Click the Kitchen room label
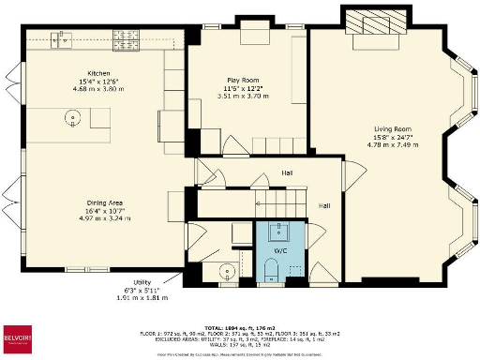(99, 73)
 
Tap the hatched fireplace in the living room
(377, 22)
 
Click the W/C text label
(280, 251)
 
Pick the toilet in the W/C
(271, 271)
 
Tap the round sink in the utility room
(226, 273)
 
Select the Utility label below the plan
(142, 281)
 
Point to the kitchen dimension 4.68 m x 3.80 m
(99, 89)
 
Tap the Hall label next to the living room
(324, 205)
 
